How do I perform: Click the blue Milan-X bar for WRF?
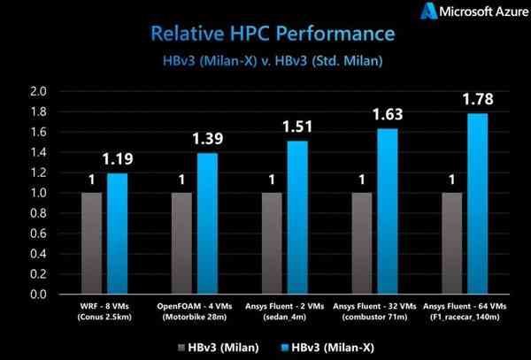(x=118, y=234)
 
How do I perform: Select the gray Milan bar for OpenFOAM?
(x=181, y=243)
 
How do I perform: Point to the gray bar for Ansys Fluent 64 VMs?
(x=452, y=243)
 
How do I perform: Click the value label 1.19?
(x=119, y=160)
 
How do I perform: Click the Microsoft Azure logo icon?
(x=430, y=12)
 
